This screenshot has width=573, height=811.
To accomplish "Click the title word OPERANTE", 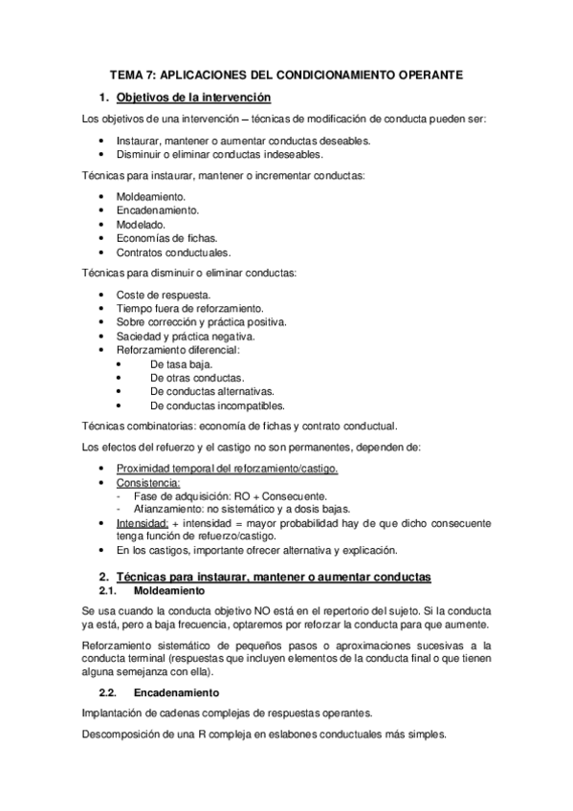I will click(421, 73).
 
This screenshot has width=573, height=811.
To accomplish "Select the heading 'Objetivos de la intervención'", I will click(193, 97).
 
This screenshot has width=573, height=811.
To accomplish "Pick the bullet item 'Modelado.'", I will click(140, 224).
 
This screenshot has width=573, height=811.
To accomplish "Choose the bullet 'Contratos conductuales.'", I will click(172, 252).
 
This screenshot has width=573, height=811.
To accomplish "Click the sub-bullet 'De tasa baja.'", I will click(181, 364).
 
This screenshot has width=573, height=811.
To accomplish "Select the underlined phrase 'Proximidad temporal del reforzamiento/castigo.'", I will click(227, 468).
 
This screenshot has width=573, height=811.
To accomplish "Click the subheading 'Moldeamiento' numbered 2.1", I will click(170, 592).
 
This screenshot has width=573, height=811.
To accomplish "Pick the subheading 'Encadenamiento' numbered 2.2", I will click(176, 690).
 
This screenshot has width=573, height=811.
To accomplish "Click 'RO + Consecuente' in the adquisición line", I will click(286, 495).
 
